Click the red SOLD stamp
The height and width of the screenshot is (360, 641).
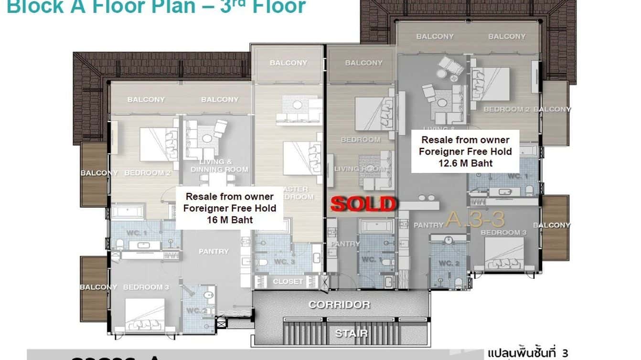pyautogui.click(x=364, y=204)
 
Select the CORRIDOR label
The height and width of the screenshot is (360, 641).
pyautogui.click(x=339, y=305)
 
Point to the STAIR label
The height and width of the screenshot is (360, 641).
pyautogui.click(x=351, y=333)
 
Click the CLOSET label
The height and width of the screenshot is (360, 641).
pyautogui.click(x=288, y=282)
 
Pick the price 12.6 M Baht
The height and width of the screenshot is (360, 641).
pyautogui.click(x=465, y=163)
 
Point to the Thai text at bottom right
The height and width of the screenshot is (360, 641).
pyautogui.click(x=528, y=353)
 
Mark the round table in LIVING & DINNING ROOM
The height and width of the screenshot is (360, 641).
pyautogui.click(x=207, y=138)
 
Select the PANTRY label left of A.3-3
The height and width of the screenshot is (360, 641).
pyautogui.click(x=428, y=225)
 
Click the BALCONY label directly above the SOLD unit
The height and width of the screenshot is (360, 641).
pyautogui.click(x=363, y=63)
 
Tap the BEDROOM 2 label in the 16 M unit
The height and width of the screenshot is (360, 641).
pyautogui.click(x=147, y=173)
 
